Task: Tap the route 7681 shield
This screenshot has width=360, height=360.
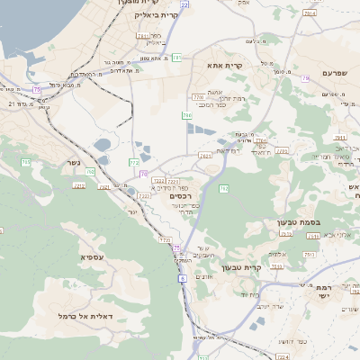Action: click(206, 156)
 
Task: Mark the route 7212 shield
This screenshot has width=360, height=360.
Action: click(79, 184)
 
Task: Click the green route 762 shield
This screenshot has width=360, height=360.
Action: click(223, 187)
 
